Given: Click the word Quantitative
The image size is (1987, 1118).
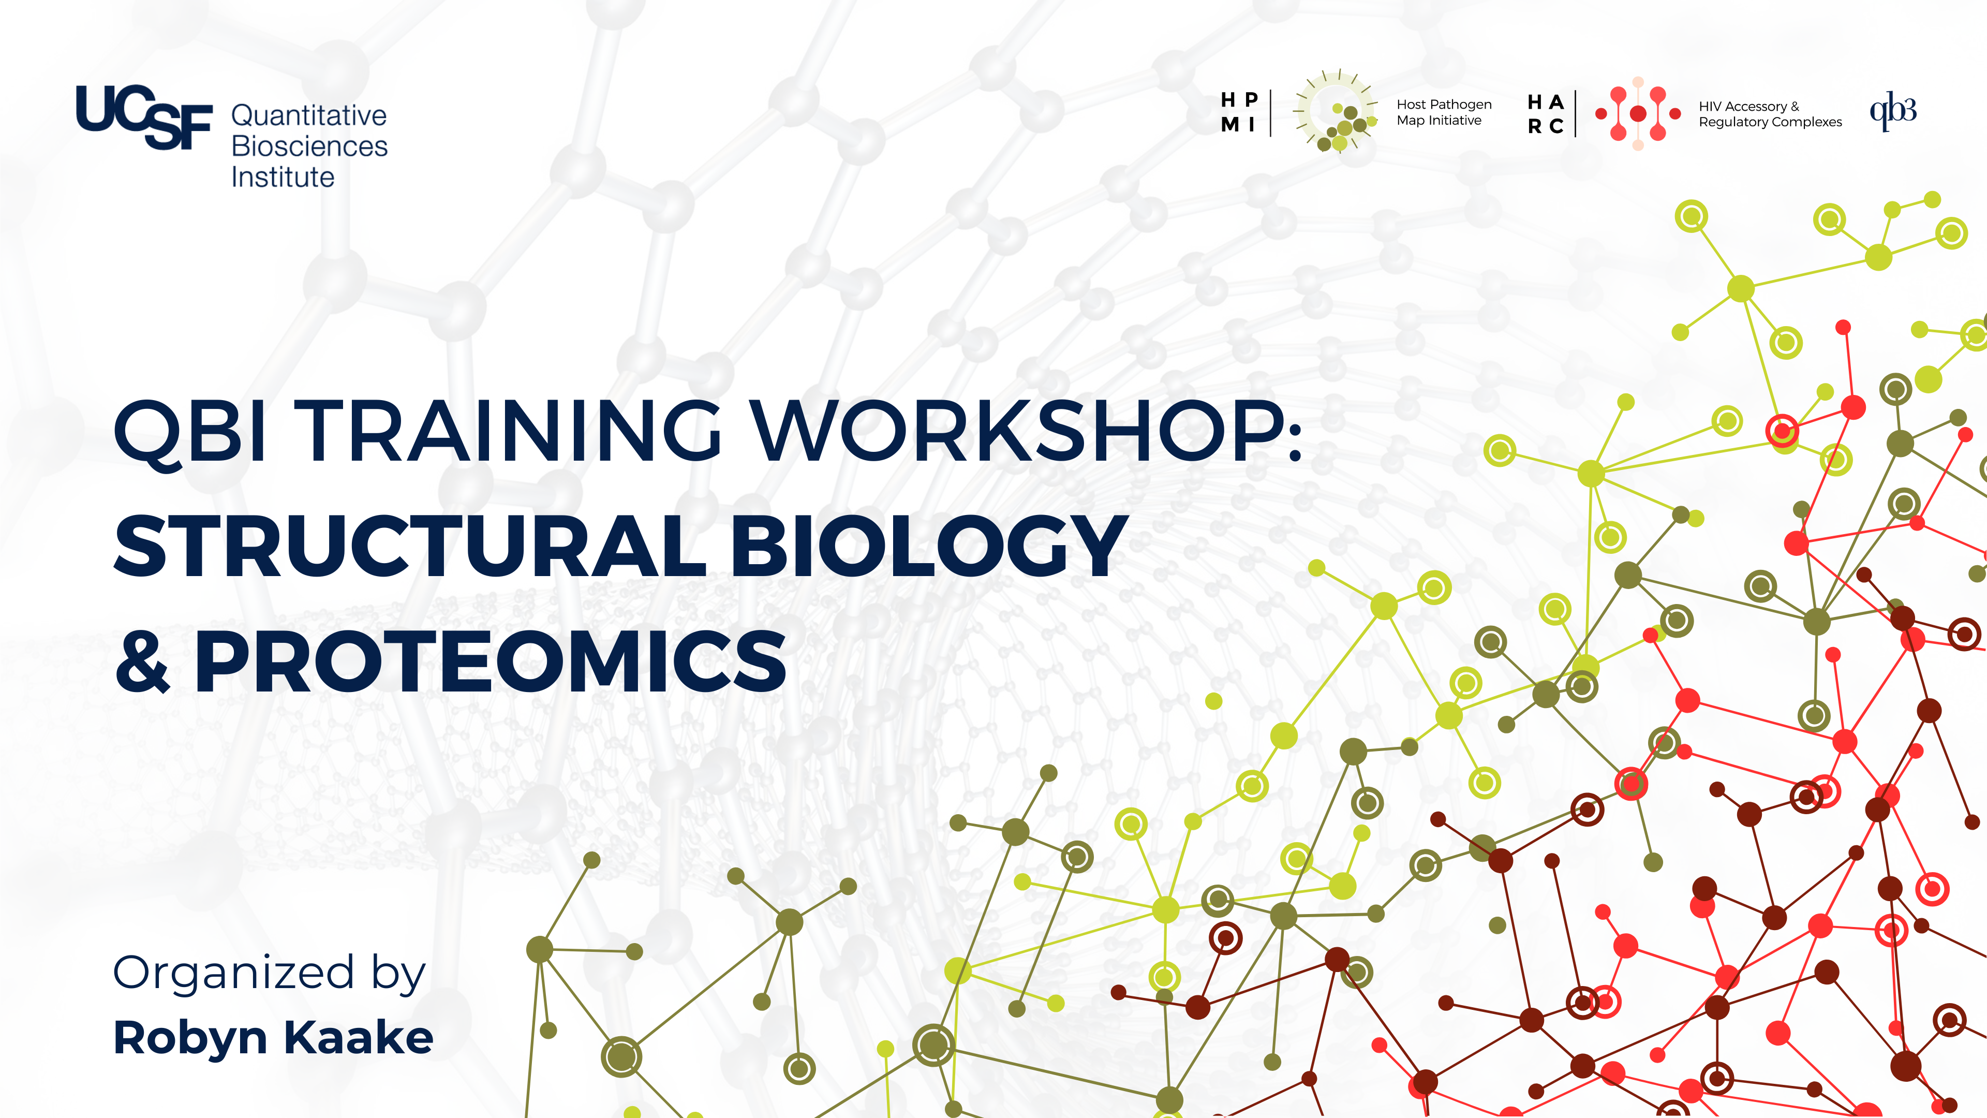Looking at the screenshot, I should [x=308, y=116].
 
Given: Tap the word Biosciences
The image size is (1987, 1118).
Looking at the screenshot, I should [x=309, y=146].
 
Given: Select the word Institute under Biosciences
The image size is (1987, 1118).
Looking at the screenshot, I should [x=283, y=178].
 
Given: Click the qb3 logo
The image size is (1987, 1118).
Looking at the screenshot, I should [x=1893, y=111].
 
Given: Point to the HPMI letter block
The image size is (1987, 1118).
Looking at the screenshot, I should [x=1240, y=112].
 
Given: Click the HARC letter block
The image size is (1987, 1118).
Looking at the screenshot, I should [x=1546, y=113].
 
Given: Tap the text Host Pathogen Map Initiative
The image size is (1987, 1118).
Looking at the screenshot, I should [x=1443, y=112].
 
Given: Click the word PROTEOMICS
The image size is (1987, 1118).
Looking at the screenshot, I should [x=490, y=661].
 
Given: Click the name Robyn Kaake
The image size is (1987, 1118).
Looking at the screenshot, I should [x=273, y=1038].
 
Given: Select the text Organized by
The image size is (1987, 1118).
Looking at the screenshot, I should [x=269, y=974].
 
